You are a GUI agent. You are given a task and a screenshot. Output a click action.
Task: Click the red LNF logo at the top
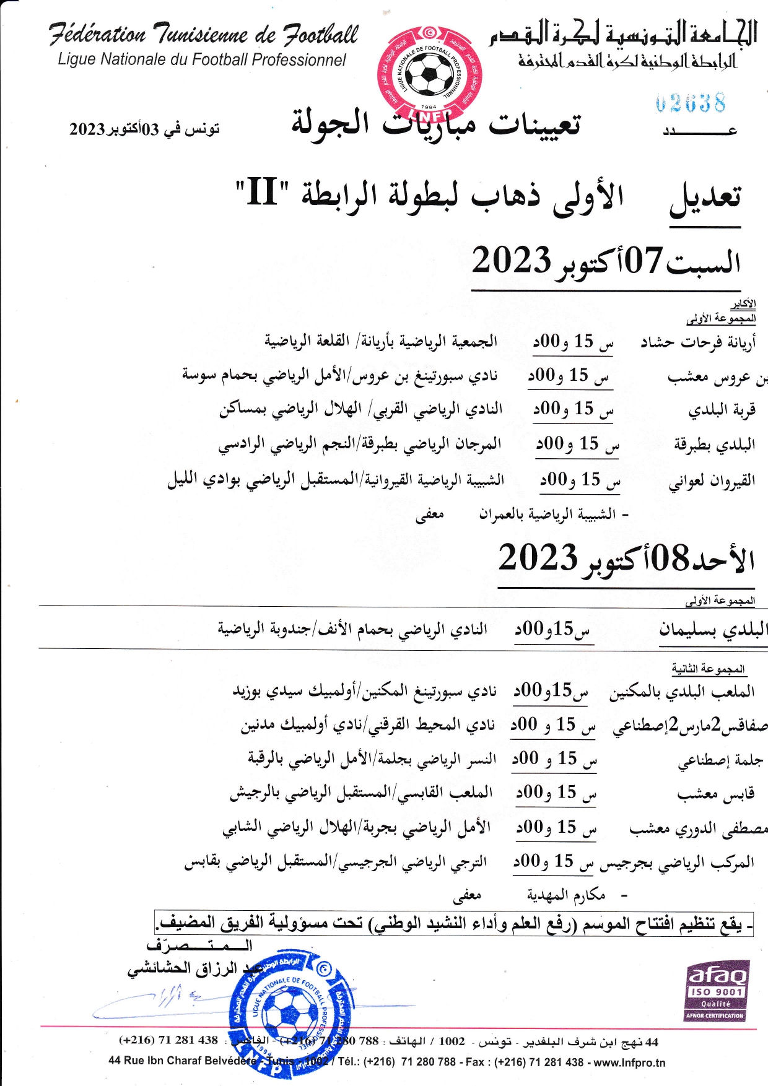[429, 73]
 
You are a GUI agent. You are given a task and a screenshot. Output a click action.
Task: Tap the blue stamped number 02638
[690, 103]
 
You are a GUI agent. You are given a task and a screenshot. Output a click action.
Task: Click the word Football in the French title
[321, 34]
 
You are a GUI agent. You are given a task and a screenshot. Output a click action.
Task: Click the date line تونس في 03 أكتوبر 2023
[144, 129]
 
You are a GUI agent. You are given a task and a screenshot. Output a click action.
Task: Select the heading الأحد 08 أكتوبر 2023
[626, 558]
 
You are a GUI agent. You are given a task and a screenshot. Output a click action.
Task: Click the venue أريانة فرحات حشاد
[698, 342]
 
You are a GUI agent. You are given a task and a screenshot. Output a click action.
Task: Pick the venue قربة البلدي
[722, 411]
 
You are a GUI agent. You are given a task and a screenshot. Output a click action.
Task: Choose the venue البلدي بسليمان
[713, 630]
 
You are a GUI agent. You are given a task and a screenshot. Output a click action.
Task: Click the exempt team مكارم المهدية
[566, 895]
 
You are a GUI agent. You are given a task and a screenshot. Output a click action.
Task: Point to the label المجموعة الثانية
[709, 669]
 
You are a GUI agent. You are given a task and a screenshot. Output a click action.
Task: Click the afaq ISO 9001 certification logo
[715, 990]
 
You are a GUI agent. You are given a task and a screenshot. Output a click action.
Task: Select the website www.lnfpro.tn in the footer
[630, 1062]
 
